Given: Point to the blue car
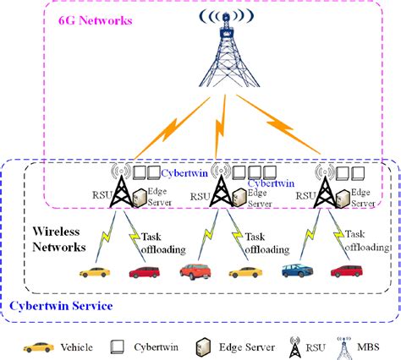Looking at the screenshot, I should (296, 271).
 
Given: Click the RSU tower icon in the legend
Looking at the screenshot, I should (294, 346).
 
